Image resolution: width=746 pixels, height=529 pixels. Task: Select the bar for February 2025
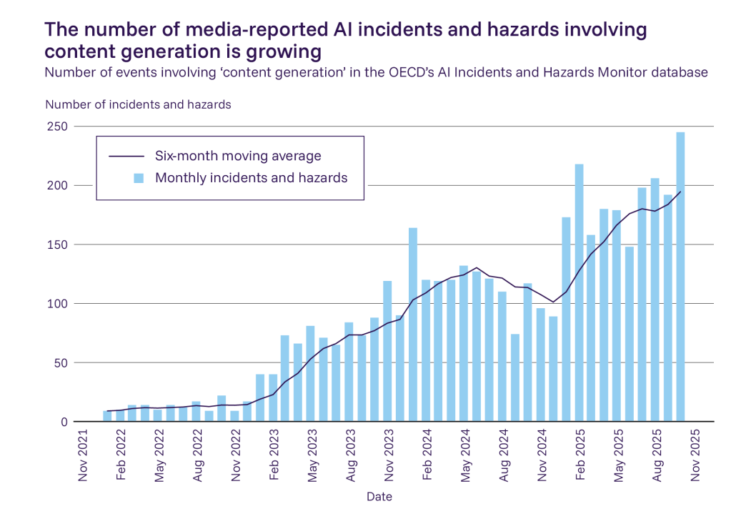pyautogui.click(x=579, y=293)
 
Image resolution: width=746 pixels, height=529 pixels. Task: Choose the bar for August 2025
pyautogui.click(x=655, y=300)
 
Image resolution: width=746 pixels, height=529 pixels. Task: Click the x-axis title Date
pyautogui.click(x=379, y=496)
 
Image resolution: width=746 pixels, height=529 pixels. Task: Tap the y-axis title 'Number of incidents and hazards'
pyautogui.click(x=138, y=104)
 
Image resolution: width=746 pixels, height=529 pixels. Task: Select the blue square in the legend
pyautogui.click(x=139, y=178)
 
